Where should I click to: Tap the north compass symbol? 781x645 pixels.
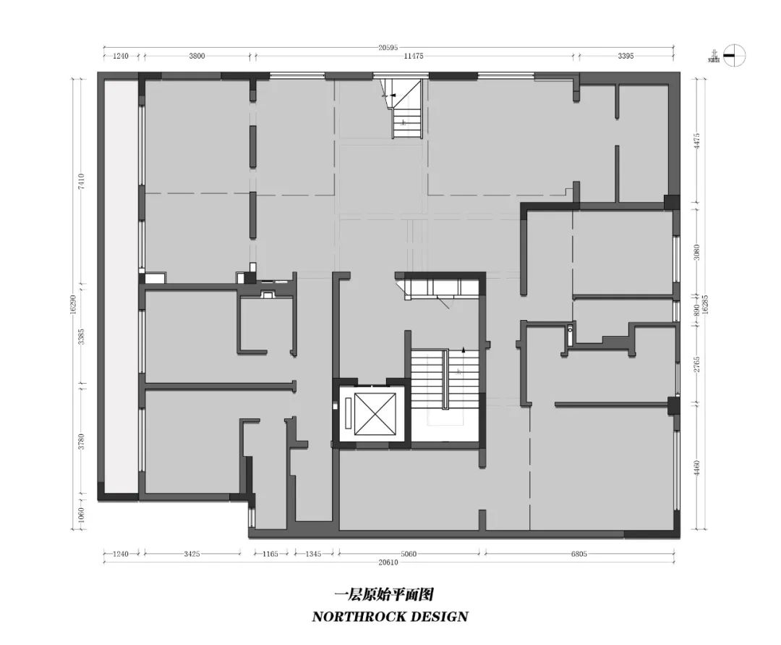(x=733, y=55)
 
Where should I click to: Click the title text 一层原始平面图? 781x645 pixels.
(x=384, y=595)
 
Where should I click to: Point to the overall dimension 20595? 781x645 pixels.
(x=388, y=48)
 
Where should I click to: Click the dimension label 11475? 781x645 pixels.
(x=414, y=56)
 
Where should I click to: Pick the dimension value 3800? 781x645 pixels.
(x=197, y=56)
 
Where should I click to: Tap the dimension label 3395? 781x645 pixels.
(x=626, y=56)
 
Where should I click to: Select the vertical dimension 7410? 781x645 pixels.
(x=82, y=180)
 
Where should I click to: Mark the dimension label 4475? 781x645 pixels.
(x=697, y=140)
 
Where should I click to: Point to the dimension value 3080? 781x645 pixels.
(x=697, y=251)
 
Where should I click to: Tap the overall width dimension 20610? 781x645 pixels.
(x=388, y=562)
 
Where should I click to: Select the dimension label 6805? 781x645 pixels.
(x=579, y=554)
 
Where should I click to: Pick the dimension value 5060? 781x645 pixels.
(x=409, y=554)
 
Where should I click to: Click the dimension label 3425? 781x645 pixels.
(x=192, y=554)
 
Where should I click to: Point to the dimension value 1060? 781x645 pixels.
(x=82, y=514)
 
